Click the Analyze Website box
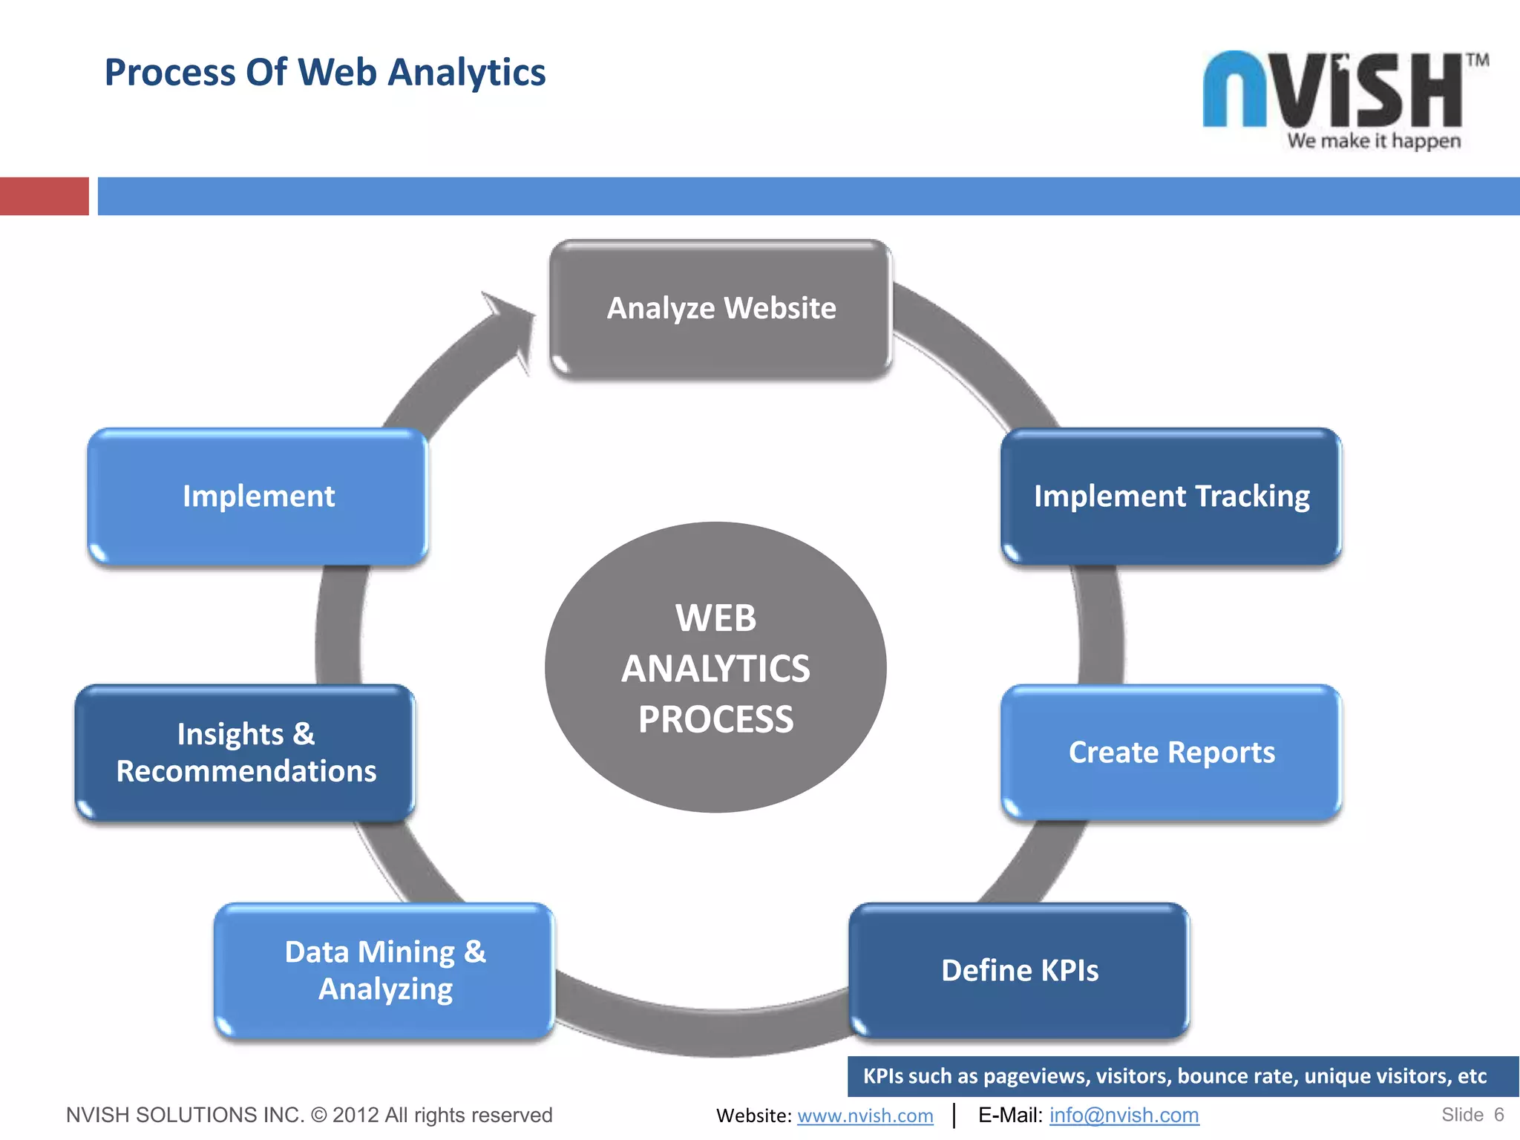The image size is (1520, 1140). [x=720, y=309]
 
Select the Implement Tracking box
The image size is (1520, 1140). [x=1170, y=496]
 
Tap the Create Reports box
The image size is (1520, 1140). [x=1170, y=753]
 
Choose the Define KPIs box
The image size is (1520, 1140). [x=1019, y=971]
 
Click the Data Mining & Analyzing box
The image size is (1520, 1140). [x=384, y=971]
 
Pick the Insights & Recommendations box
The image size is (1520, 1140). [x=245, y=753]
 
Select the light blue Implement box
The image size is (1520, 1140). [x=258, y=496]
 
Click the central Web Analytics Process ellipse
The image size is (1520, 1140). [x=715, y=667]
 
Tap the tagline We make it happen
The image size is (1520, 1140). [x=1374, y=141]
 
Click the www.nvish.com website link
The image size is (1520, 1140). [x=865, y=1116]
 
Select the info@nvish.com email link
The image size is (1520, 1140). [x=1124, y=1116]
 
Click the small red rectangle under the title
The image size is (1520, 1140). [x=44, y=196]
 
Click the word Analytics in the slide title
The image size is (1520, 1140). [x=466, y=73]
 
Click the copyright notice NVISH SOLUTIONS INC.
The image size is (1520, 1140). [x=309, y=1115]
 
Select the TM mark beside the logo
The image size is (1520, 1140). [x=1477, y=60]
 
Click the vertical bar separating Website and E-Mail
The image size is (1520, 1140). [x=954, y=1116]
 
